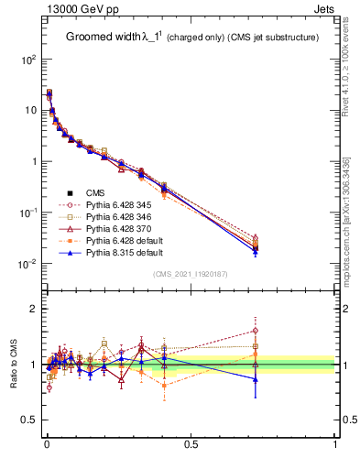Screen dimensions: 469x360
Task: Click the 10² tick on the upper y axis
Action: click(x=27, y=59)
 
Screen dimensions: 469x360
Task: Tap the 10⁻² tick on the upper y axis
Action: click(x=27, y=264)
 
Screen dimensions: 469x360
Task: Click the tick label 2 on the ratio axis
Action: click(x=32, y=309)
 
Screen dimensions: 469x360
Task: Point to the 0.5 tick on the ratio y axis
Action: click(x=28, y=420)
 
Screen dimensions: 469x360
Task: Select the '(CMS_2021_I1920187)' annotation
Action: click(x=191, y=274)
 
